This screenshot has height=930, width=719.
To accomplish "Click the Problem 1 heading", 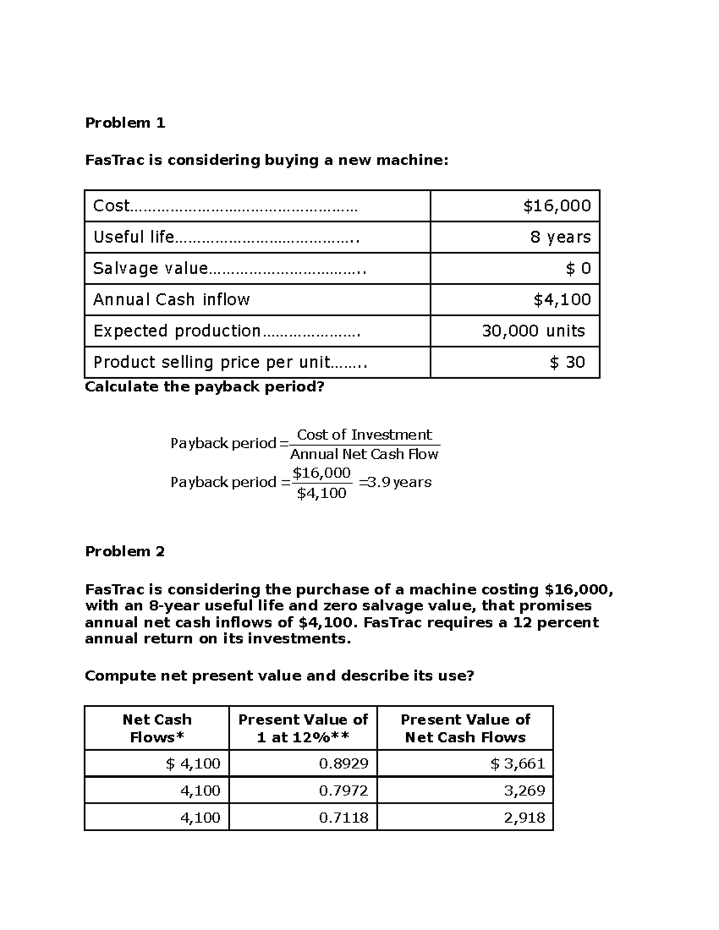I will pyautogui.click(x=125, y=123).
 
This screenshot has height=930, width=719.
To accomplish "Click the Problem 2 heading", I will pyautogui.click(x=125, y=551).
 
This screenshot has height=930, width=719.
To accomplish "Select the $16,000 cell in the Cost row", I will pyautogui.click(x=557, y=206).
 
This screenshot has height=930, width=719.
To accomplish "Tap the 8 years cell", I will pyautogui.click(x=560, y=237).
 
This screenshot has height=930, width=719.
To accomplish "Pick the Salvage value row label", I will pyautogui.click(x=150, y=268).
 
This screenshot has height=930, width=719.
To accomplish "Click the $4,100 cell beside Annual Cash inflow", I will pyautogui.click(x=562, y=299).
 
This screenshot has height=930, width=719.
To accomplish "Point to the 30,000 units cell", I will pyautogui.click(x=533, y=331).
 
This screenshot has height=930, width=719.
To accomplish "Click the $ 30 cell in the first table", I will pyautogui.click(x=567, y=362).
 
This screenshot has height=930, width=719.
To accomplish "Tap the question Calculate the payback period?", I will pyautogui.click(x=204, y=387).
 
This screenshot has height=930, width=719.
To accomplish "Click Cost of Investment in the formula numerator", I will pyautogui.click(x=364, y=435).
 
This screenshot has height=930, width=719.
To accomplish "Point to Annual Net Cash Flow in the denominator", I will pyautogui.click(x=364, y=455).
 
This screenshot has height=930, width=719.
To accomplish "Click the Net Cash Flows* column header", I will pyautogui.click(x=157, y=728).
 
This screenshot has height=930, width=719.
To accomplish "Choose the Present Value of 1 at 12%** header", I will pyautogui.click(x=303, y=728).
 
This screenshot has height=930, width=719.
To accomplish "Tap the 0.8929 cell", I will pyautogui.click(x=343, y=764).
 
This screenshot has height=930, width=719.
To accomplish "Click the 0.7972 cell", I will pyautogui.click(x=343, y=790).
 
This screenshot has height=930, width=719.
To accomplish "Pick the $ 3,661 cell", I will pyautogui.click(x=518, y=764).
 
